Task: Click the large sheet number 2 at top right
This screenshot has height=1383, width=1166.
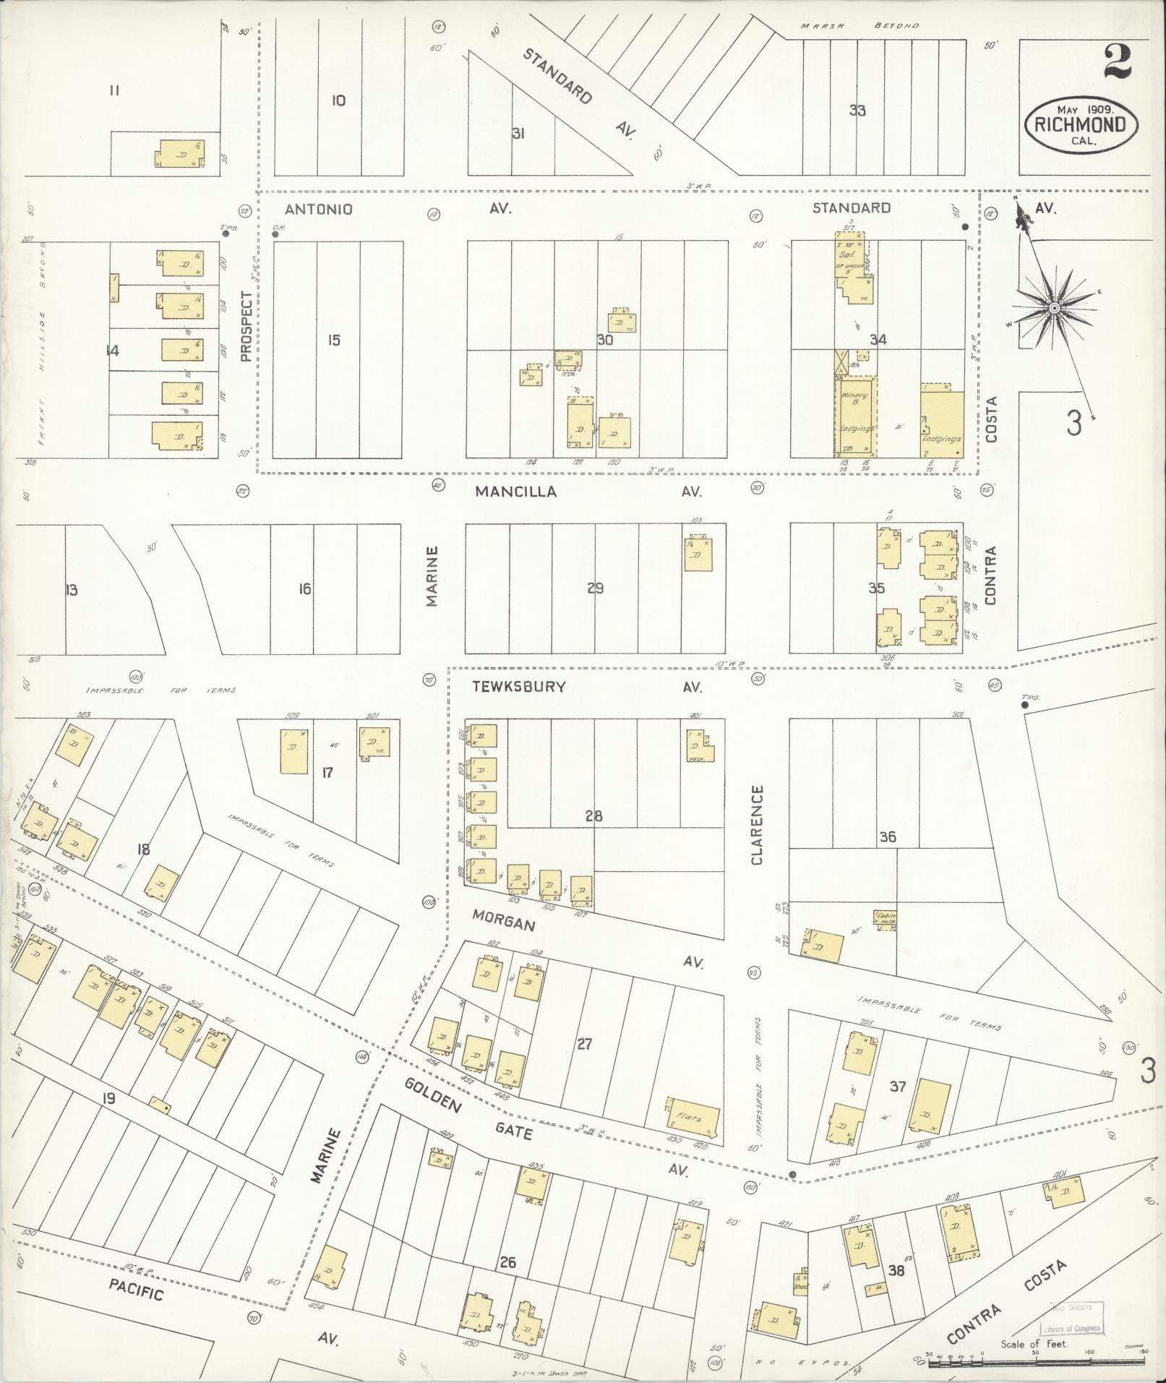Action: (1117, 63)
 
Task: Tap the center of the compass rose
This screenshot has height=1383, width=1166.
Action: (1054, 309)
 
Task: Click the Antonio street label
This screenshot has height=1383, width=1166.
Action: (319, 210)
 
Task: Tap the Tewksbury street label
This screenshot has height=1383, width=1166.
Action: (518, 687)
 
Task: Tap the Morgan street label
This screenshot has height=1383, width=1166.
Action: (503, 925)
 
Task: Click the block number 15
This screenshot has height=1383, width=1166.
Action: (333, 340)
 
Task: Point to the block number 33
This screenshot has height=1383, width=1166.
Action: (857, 111)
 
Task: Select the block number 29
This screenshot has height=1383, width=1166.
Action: (595, 588)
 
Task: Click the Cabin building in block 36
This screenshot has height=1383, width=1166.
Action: (886, 920)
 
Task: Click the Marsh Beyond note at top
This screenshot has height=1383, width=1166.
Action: (859, 25)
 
